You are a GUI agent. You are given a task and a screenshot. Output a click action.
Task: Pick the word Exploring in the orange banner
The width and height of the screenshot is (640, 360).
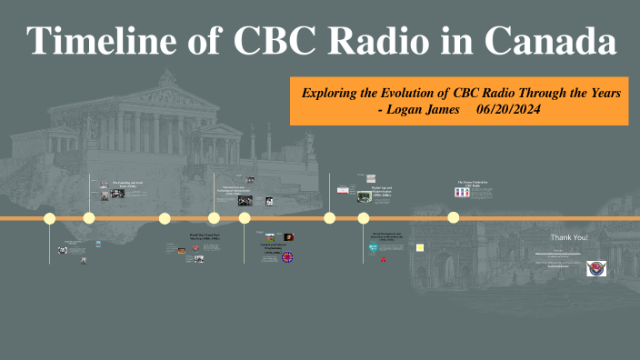[338, 94]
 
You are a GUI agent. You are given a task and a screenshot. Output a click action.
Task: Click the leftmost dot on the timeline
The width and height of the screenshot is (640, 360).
[50, 218]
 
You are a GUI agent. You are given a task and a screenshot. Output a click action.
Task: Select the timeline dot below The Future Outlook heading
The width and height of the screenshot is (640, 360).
[453, 217]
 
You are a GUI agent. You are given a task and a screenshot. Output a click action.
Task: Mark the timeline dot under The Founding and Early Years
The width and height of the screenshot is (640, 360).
[89, 218]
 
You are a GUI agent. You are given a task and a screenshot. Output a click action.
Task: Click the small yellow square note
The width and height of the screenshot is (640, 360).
[420, 246]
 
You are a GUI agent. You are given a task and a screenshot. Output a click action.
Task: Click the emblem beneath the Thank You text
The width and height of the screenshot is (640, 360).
[597, 268]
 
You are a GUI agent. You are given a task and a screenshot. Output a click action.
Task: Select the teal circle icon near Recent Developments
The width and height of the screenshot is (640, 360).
[374, 248]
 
